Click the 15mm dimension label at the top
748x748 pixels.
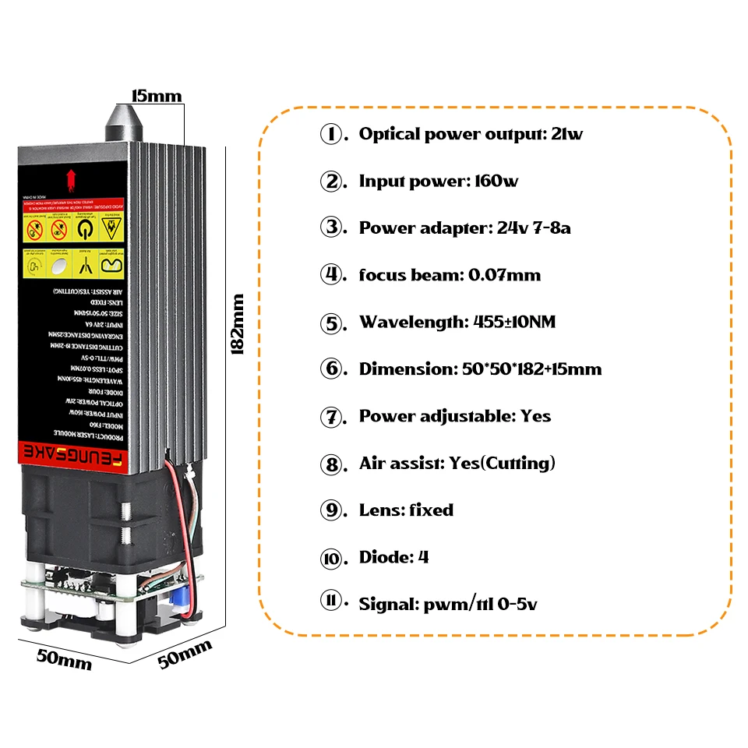(156, 97)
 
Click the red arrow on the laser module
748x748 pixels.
(72, 178)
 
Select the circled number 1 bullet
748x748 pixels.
(332, 134)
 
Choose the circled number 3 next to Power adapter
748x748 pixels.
(332, 228)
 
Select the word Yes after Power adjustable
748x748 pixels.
(535, 416)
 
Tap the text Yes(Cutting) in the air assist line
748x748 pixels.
(502, 463)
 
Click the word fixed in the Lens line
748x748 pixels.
(431, 510)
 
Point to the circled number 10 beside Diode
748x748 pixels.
(332, 558)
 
